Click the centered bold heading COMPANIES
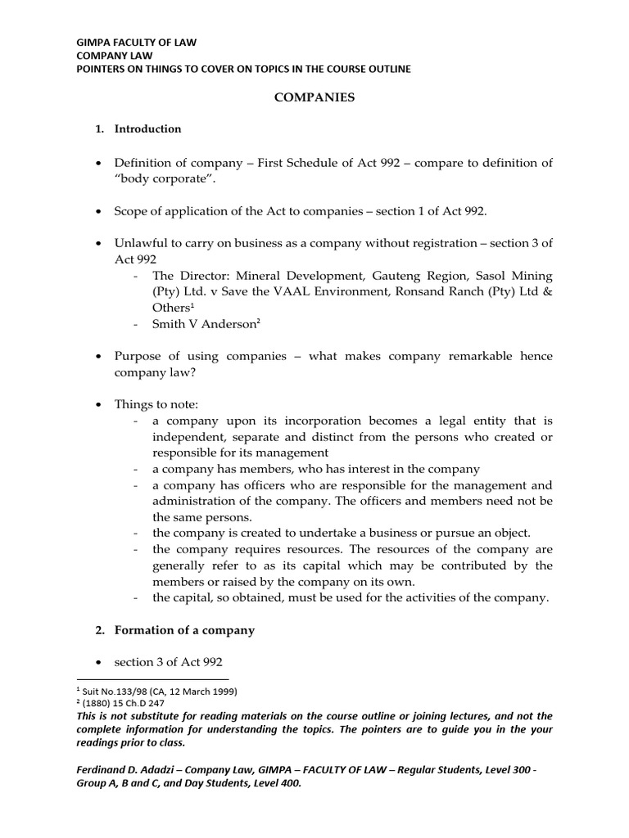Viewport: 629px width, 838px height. coord(314,97)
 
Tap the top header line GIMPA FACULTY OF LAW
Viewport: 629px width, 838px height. coord(136,40)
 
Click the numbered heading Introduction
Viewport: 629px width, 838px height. coord(147,128)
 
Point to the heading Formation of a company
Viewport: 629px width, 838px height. coord(184,630)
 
